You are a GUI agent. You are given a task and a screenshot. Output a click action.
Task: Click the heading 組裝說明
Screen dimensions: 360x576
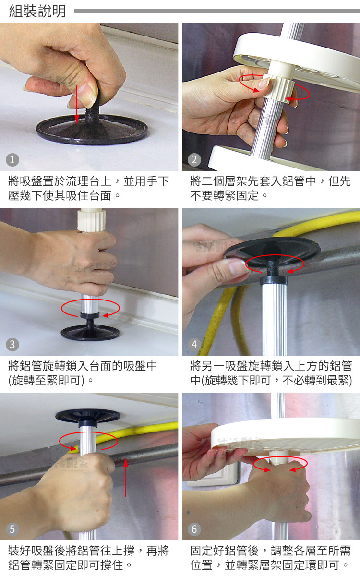click(x=37, y=12)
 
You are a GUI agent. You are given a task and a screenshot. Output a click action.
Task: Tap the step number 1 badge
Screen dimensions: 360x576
click(x=12, y=160)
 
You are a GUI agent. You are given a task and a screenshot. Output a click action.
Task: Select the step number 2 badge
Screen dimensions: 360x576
click(x=194, y=160)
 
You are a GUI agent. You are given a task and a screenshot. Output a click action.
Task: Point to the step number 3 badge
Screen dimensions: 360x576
click(x=12, y=344)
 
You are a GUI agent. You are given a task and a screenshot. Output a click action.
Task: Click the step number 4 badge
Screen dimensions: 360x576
click(x=194, y=344)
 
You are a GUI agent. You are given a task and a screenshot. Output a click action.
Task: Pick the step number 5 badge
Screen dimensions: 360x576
click(x=12, y=529)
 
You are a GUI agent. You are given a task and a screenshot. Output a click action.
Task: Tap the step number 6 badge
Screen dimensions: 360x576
click(x=194, y=529)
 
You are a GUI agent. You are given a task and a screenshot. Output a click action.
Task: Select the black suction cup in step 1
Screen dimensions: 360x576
click(x=92, y=129)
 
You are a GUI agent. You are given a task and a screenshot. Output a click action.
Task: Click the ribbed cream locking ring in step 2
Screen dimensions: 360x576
click(x=279, y=89)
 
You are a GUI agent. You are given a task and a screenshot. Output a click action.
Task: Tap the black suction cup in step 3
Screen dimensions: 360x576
click(x=90, y=332)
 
